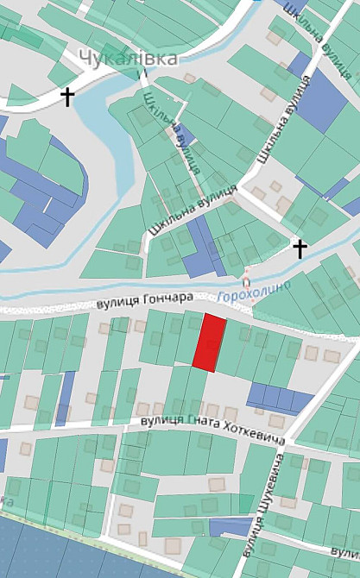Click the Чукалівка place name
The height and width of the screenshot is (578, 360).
(x=128, y=58)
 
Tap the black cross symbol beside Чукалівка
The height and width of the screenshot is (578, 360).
(x=67, y=97)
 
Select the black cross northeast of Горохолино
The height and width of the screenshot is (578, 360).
(x=300, y=249)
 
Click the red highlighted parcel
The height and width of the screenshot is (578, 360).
(x=208, y=342)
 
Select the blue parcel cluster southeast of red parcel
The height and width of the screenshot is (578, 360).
(x=278, y=398)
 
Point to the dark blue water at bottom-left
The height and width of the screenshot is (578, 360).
(x=52, y=548)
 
